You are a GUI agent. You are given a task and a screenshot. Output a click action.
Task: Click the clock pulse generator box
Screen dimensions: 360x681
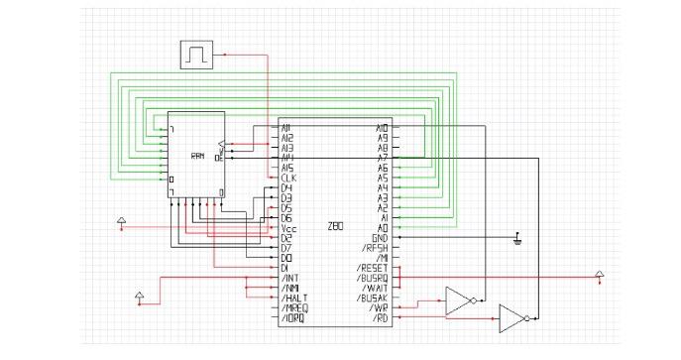coord(196,55)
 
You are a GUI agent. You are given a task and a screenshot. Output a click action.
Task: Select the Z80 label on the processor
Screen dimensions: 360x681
coord(335,227)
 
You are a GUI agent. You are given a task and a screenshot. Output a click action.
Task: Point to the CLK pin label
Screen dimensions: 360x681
coord(286,178)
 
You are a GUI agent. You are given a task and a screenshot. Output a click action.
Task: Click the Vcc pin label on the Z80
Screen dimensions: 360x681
coord(288,228)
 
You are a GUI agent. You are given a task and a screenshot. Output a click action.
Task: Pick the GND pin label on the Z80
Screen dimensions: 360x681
coord(381,238)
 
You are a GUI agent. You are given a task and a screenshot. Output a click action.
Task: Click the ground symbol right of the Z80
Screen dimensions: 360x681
coord(516,239)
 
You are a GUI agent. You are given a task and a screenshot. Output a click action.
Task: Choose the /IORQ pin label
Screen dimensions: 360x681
coord(294,318)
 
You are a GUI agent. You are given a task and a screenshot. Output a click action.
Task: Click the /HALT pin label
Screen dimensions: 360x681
coord(294,299)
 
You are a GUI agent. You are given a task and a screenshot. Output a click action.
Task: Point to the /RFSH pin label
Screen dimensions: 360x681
coord(377,248)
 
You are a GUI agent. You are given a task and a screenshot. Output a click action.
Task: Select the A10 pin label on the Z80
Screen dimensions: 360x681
coord(382,128)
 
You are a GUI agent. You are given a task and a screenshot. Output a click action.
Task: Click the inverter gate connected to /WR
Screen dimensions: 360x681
coord(459,300)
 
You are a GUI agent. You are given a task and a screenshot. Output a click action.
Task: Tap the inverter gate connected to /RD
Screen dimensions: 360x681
coord(511,318)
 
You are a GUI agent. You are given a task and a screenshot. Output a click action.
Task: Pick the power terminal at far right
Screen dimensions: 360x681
coord(598,274)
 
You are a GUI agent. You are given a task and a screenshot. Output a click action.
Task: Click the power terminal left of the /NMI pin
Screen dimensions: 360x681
coord(140,296)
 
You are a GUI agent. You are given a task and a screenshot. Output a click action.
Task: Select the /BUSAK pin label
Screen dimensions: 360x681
coord(373,299)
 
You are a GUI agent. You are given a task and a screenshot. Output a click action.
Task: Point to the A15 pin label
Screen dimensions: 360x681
coord(286,168)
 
